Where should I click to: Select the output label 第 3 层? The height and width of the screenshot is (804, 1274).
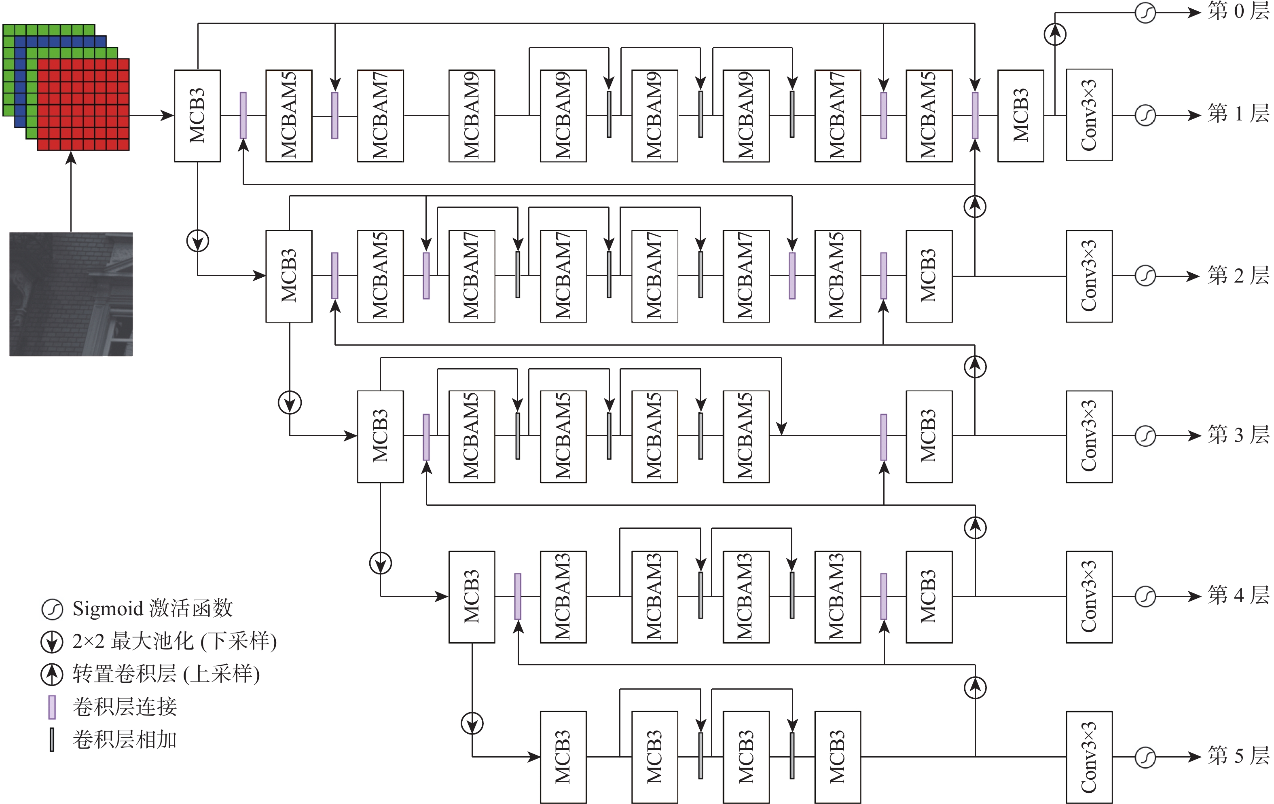click(1238, 435)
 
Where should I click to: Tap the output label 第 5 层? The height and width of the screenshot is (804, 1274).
click(1238, 756)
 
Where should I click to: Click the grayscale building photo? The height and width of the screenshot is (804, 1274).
click(71, 294)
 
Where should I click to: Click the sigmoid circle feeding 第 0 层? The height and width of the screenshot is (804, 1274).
click(1145, 13)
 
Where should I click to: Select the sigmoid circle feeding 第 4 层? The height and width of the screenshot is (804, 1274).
click(1145, 597)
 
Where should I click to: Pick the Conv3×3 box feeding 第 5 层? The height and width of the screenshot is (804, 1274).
click(1089, 757)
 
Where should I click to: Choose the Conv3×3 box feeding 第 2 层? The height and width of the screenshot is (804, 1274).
click(1089, 276)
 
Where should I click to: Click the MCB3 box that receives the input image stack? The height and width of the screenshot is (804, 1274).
click(197, 115)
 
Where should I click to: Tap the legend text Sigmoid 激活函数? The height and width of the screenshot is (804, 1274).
click(152, 608)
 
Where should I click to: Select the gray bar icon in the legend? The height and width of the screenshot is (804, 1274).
click(52, 739)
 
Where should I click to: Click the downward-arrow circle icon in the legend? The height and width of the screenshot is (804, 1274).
click(52, 642)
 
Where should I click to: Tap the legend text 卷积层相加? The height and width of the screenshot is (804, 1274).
click(124, 739)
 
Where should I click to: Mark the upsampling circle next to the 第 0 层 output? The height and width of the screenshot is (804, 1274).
click(1055, 34)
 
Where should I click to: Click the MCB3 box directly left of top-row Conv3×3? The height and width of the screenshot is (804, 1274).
click(1020, 115)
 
